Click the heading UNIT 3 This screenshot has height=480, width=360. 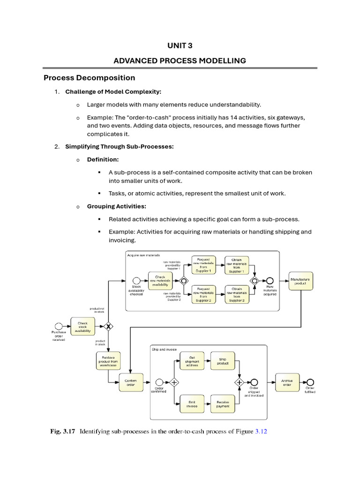(180, 45)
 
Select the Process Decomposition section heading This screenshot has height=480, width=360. (89, 78)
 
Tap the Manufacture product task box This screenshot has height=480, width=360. (300, 281)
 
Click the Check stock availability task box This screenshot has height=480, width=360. (82, 326)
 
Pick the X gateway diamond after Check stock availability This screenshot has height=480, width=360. (109, 326)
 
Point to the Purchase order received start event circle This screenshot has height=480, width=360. (59, 326)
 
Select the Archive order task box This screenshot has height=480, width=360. (287, 382)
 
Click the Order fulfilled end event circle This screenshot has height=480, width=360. (310, 382)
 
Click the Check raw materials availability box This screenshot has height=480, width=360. (160, 280)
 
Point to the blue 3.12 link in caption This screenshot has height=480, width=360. (261, 432)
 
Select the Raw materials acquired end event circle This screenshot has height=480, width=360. (270, 280)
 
